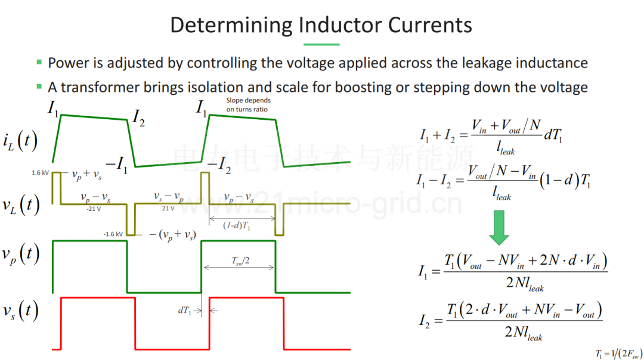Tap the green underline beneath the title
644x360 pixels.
(x=321, y=44)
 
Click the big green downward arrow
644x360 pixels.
(x=499, y=228)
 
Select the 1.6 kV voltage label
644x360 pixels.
(x=41, y=173)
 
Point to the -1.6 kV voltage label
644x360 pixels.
(x=113, y=234)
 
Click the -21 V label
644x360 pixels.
(x=93, y=209)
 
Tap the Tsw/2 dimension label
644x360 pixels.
(x=241, y=260)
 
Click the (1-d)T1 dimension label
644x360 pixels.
(x=237, y=225)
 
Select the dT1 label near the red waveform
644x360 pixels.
(x=184, y=311)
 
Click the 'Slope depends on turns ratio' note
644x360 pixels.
(x=248, y=105)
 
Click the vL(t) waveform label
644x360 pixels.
(x=21, y=204)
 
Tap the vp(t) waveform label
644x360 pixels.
(x=20, y=255)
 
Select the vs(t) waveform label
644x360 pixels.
(x=20, y=311)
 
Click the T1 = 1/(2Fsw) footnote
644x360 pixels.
(x=619, y=353)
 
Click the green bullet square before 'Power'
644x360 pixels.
(x=39, y=63)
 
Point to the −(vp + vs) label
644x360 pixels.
(x=172, y=235)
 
